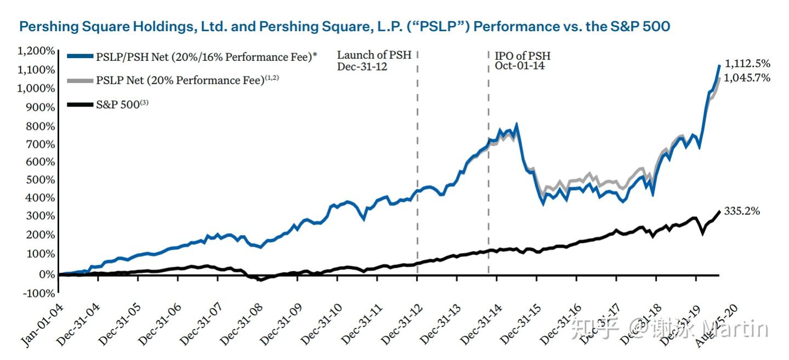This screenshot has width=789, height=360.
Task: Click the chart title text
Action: point(344,26)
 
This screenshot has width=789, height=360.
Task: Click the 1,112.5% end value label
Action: point(747,63)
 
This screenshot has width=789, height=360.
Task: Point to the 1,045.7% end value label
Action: point(747,78)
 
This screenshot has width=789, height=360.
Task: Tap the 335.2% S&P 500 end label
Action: point(742,210)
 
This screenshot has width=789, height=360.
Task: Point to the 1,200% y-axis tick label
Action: point(37,51)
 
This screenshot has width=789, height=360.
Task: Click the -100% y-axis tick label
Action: point(38,293)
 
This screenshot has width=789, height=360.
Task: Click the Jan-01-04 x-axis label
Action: point(42,327)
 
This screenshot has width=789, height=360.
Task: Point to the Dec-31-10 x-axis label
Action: point(321,325)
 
